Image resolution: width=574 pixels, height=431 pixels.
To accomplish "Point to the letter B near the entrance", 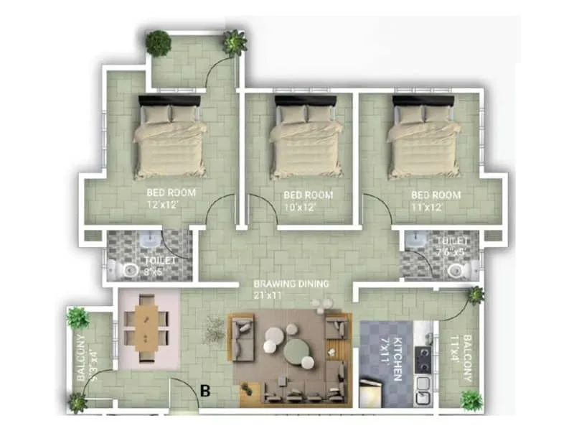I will [x=205, y=391].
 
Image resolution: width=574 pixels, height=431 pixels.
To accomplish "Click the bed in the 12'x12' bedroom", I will [x=171, y=140].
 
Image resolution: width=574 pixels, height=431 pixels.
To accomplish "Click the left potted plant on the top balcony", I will [x=159, y=43].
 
